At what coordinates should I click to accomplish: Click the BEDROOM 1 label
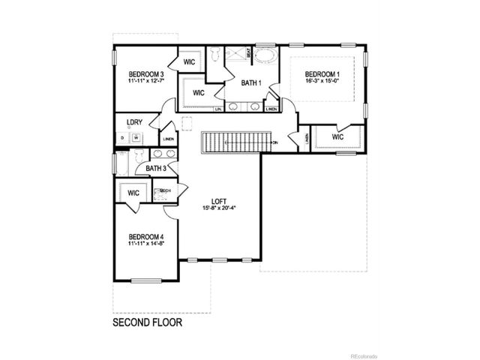323,73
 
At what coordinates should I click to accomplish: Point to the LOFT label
219,201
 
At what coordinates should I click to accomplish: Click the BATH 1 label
250,83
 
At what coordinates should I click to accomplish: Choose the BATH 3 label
156,168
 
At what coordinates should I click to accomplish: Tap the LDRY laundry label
135,122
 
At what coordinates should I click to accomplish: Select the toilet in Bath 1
214,54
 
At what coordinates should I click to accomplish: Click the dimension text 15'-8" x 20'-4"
219,209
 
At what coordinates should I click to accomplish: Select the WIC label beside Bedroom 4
133,193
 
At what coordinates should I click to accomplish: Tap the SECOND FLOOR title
147,324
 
